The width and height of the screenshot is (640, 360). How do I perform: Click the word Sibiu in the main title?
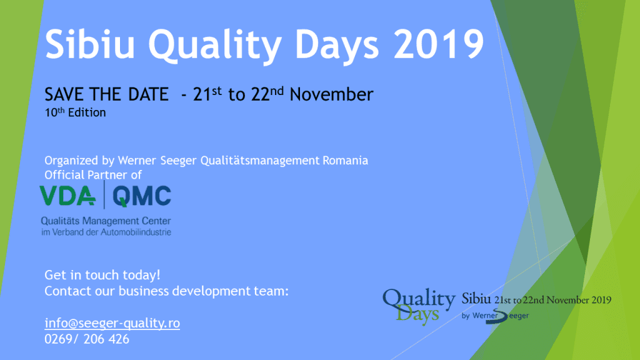click(x=90, y=44)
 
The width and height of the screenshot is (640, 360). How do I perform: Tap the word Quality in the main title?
click(x=215, y=46)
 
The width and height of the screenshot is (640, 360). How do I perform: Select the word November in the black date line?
click(x=331, y=95)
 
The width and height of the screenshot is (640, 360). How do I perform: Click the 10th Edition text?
click(x=75, y=112)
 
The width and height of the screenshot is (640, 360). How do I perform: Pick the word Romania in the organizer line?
click(x=345, y=161)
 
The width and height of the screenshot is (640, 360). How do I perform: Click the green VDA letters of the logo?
click(x=67, y=196)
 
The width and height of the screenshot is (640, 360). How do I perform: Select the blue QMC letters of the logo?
click(x=142, y=196)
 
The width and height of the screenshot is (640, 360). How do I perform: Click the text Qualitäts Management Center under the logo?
click(x=106, y=221)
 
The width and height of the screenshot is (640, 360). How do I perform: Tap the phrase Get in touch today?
click(x=102, y=275)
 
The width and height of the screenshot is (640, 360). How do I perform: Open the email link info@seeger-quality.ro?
click(x=112, y=323)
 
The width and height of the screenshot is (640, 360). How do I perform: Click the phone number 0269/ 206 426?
click(x=87, y=339)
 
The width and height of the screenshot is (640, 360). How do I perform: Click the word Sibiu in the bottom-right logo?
click(x=476, y=299)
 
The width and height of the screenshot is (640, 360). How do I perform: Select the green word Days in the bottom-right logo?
click(x=417, y=315)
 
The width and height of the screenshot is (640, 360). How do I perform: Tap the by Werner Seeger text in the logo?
click(x=495, y=316)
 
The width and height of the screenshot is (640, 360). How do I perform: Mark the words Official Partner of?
click(x=93, y=175)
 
